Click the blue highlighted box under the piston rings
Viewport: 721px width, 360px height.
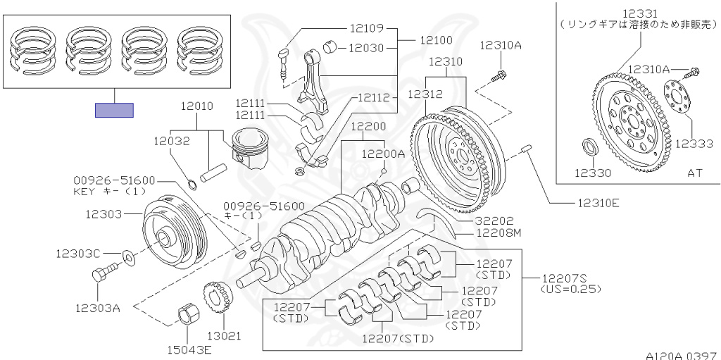114,110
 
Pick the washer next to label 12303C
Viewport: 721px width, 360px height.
129,254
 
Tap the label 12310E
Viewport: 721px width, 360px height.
598,204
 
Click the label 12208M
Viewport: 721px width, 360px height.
499,232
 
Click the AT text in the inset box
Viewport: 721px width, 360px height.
696,172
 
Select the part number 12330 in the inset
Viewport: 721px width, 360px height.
592,172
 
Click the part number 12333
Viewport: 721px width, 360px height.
696,143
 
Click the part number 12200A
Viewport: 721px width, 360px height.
384,154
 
